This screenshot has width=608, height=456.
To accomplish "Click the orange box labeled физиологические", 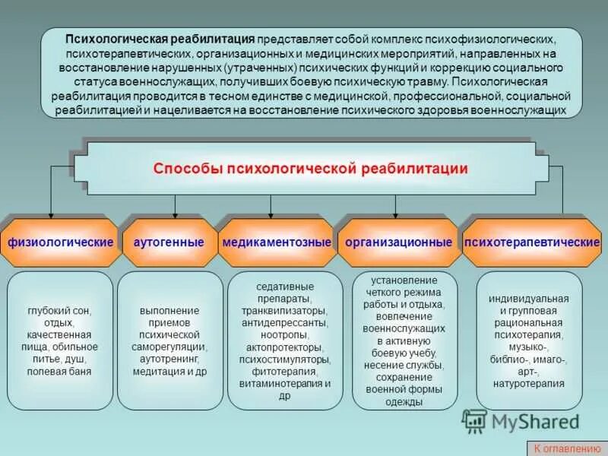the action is [61, 242].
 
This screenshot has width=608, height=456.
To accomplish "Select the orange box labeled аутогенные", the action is [169, 242].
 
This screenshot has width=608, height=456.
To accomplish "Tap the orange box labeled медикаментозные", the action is [277, 242].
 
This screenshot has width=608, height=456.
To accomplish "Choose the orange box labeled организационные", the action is [398, 242].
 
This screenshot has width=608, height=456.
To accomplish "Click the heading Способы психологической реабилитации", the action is [311, 168].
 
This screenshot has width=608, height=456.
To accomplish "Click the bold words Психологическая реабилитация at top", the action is [160, 38].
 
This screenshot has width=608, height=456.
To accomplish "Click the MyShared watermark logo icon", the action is [475, 421].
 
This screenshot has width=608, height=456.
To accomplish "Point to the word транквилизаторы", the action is [285, 311].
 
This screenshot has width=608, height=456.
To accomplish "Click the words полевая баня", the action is [59, 372].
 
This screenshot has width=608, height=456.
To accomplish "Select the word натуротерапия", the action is [530, 383].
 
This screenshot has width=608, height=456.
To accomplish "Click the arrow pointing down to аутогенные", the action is [176, 211].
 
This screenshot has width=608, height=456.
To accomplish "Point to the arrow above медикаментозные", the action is [270, 211].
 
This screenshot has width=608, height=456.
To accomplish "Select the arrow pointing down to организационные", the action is [396, 211].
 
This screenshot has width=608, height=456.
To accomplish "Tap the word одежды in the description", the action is [404, 402].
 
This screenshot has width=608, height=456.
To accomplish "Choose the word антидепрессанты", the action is [285, 323].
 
